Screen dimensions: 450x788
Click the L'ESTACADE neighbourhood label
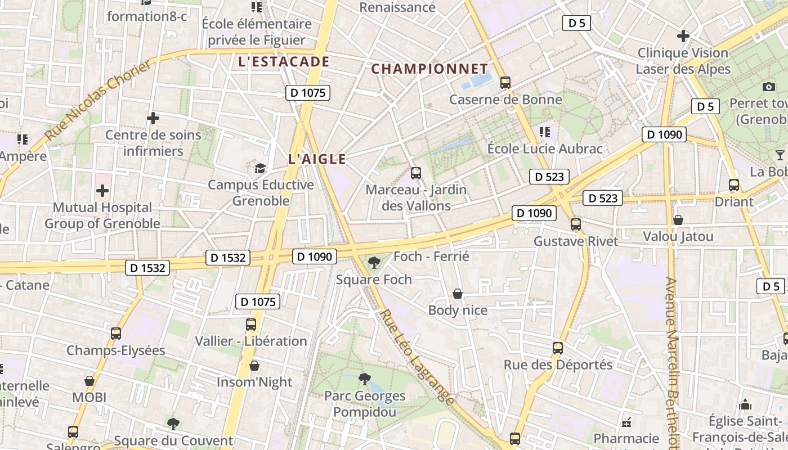tap(284, 62)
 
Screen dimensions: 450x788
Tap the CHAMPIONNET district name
tap(429, 69)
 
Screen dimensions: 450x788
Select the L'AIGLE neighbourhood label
tap(317, 159)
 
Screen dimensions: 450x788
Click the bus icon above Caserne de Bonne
tap(505, 83)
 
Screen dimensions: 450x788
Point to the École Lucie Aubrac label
tap(544, 149)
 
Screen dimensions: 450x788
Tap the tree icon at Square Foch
tap(374, 262)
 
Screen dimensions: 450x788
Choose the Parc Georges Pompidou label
tap(365, 404)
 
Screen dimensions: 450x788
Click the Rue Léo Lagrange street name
tap(417, 357)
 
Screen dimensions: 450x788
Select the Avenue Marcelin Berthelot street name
tap(671, 360)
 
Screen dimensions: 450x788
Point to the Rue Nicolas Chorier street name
tap(98, 100)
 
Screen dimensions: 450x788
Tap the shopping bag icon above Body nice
tap(458, 294)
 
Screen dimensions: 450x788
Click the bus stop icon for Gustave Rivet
tap(575, 224)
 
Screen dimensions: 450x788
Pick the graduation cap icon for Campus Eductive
tap(260, 168)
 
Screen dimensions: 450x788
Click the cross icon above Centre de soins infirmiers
tap(153, 118)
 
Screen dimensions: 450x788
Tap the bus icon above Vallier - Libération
tap(251, 325)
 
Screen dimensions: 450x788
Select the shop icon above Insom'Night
tap(254, 366)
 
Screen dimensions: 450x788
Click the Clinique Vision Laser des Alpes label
tap(683, 61)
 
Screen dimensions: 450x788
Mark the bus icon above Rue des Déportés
tap(557, 348)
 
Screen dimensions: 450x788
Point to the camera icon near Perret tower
tap(769, 87)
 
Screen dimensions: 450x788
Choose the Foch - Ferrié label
tap(431, 257)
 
